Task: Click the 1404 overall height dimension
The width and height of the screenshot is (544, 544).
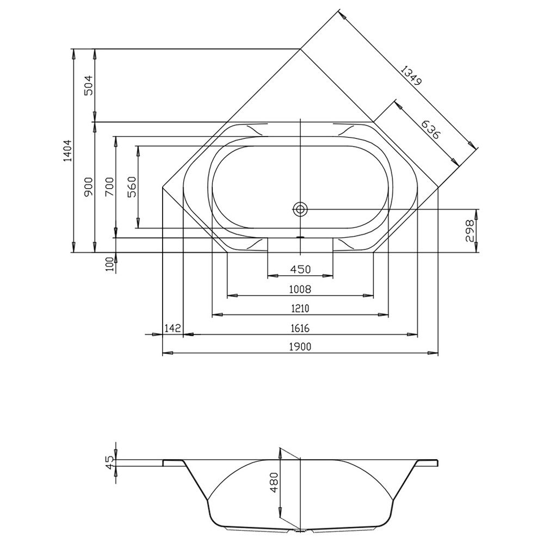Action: tap(67, 151)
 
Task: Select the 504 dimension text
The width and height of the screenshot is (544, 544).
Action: tap(89, 85)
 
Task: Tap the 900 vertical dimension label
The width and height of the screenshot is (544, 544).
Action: tap(89, 188)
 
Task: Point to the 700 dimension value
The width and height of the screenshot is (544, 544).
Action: tap(110, 187)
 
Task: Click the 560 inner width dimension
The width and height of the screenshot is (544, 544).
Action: tap(132, 187)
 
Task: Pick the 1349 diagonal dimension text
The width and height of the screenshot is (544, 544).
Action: tap(411, 76)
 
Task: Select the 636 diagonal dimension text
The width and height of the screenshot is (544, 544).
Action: tap(430, 129)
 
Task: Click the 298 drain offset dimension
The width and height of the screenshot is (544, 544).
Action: tap(469, 231)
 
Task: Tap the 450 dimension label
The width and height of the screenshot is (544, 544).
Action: tap(300, 269)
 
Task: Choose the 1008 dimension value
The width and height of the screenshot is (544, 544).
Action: tap(300, 289)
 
